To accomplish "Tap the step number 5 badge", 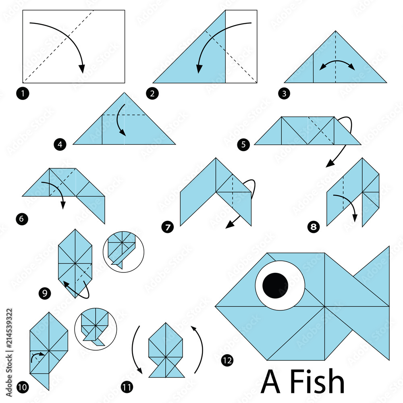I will (243, 145).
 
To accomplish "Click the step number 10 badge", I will (23, 388).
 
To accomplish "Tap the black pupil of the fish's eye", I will (275, 285).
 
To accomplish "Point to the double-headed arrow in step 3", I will (337, 64).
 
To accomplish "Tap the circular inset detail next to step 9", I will (120, 252).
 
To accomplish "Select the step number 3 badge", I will (285, 94).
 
